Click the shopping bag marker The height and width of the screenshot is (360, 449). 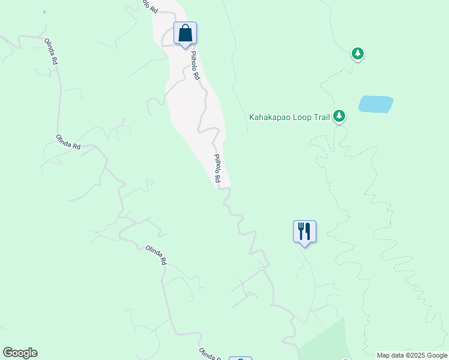coord(185,34)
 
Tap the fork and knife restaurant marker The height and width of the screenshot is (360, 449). coord(304,231)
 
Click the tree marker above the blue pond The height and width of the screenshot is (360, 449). coord(358,54)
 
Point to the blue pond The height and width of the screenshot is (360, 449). coord(376,104)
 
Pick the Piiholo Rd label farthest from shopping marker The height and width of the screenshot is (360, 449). coord(220,169)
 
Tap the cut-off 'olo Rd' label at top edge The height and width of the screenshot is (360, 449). coord(149,6)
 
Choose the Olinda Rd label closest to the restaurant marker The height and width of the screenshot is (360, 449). coord(156,256)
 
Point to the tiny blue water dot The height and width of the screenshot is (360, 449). coord(44,12)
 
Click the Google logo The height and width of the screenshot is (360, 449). coord(20,353)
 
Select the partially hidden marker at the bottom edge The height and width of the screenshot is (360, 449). coord(240,358)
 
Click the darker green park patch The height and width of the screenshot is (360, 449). coord(327,342)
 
